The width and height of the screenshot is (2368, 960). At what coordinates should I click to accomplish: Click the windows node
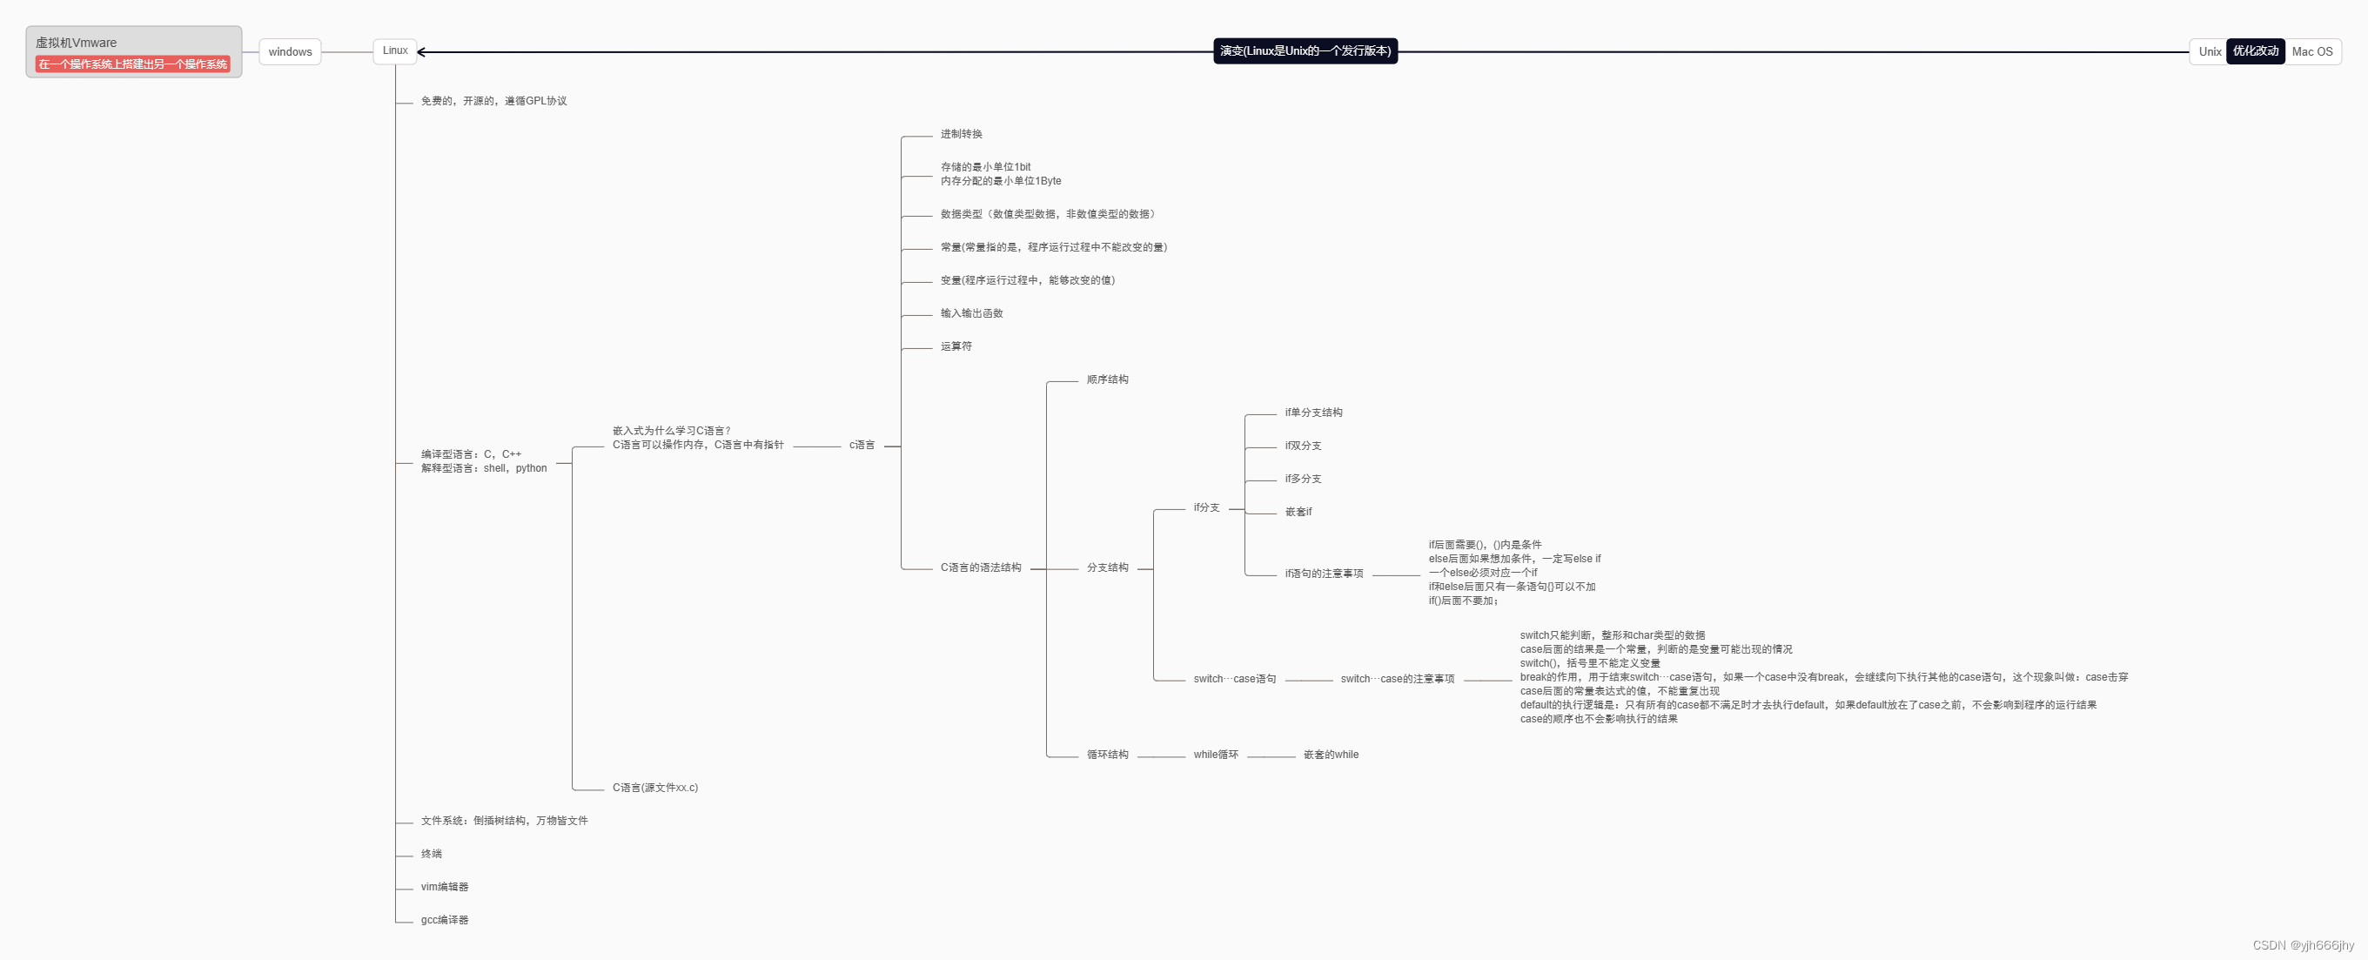coord(290,52)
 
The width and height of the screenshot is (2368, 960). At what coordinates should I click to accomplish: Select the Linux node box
coord(395,50)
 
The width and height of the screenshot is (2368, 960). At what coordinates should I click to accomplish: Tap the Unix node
coord(2209,52)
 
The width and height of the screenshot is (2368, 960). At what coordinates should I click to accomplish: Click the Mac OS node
coord(2312,52)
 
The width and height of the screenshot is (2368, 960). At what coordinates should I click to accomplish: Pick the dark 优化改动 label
coord(2255,51)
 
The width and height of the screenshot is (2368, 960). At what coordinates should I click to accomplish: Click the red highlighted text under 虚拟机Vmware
coord(132,64)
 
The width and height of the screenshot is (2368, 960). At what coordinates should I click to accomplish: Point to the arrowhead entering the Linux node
coord(422,52)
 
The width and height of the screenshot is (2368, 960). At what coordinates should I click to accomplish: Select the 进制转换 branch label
coord(961,134)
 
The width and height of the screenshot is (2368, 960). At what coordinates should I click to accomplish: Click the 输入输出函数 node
coord(970,313)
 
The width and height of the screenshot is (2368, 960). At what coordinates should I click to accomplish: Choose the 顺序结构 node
coord(1107,379)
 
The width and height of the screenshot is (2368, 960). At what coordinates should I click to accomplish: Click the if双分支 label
coord(1303,446)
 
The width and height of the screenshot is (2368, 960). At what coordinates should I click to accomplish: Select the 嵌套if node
coord(1298,512)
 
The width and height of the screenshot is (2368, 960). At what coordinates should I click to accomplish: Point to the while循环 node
coord(1215,755)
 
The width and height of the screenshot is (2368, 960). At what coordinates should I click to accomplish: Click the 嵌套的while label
coord(1330,755)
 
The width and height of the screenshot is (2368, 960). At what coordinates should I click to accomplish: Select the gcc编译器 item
coord(444,921)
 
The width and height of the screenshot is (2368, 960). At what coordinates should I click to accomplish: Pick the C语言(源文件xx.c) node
coord(654,788)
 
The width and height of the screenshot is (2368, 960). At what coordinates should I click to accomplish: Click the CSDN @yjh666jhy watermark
coord(2303,945)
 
